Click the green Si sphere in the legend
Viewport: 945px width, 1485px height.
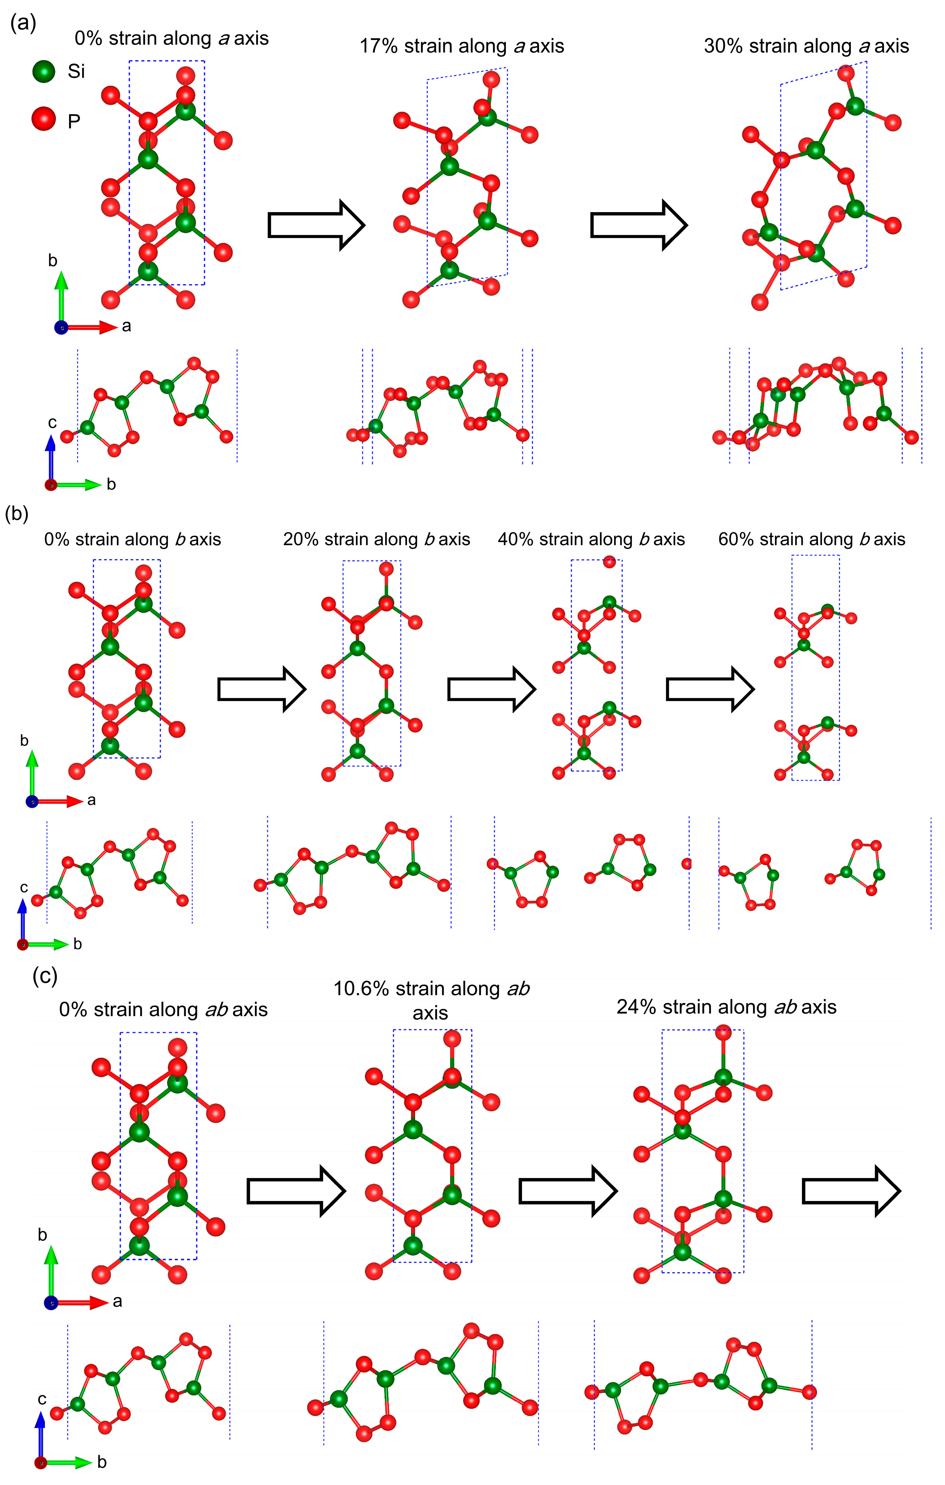[x=44, y=71]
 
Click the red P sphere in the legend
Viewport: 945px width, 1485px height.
[x=44, y=119]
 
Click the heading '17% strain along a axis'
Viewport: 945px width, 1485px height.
[x=462, y=46]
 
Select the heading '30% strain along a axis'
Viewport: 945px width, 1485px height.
[x=806, y=46]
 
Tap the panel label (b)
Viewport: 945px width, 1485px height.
[x=17, y=513]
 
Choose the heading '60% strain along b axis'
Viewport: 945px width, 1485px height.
[x=811, y=540]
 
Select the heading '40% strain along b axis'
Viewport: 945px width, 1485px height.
[x=591, y=540]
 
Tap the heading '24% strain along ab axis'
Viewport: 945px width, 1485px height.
[x=726, y=1007]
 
